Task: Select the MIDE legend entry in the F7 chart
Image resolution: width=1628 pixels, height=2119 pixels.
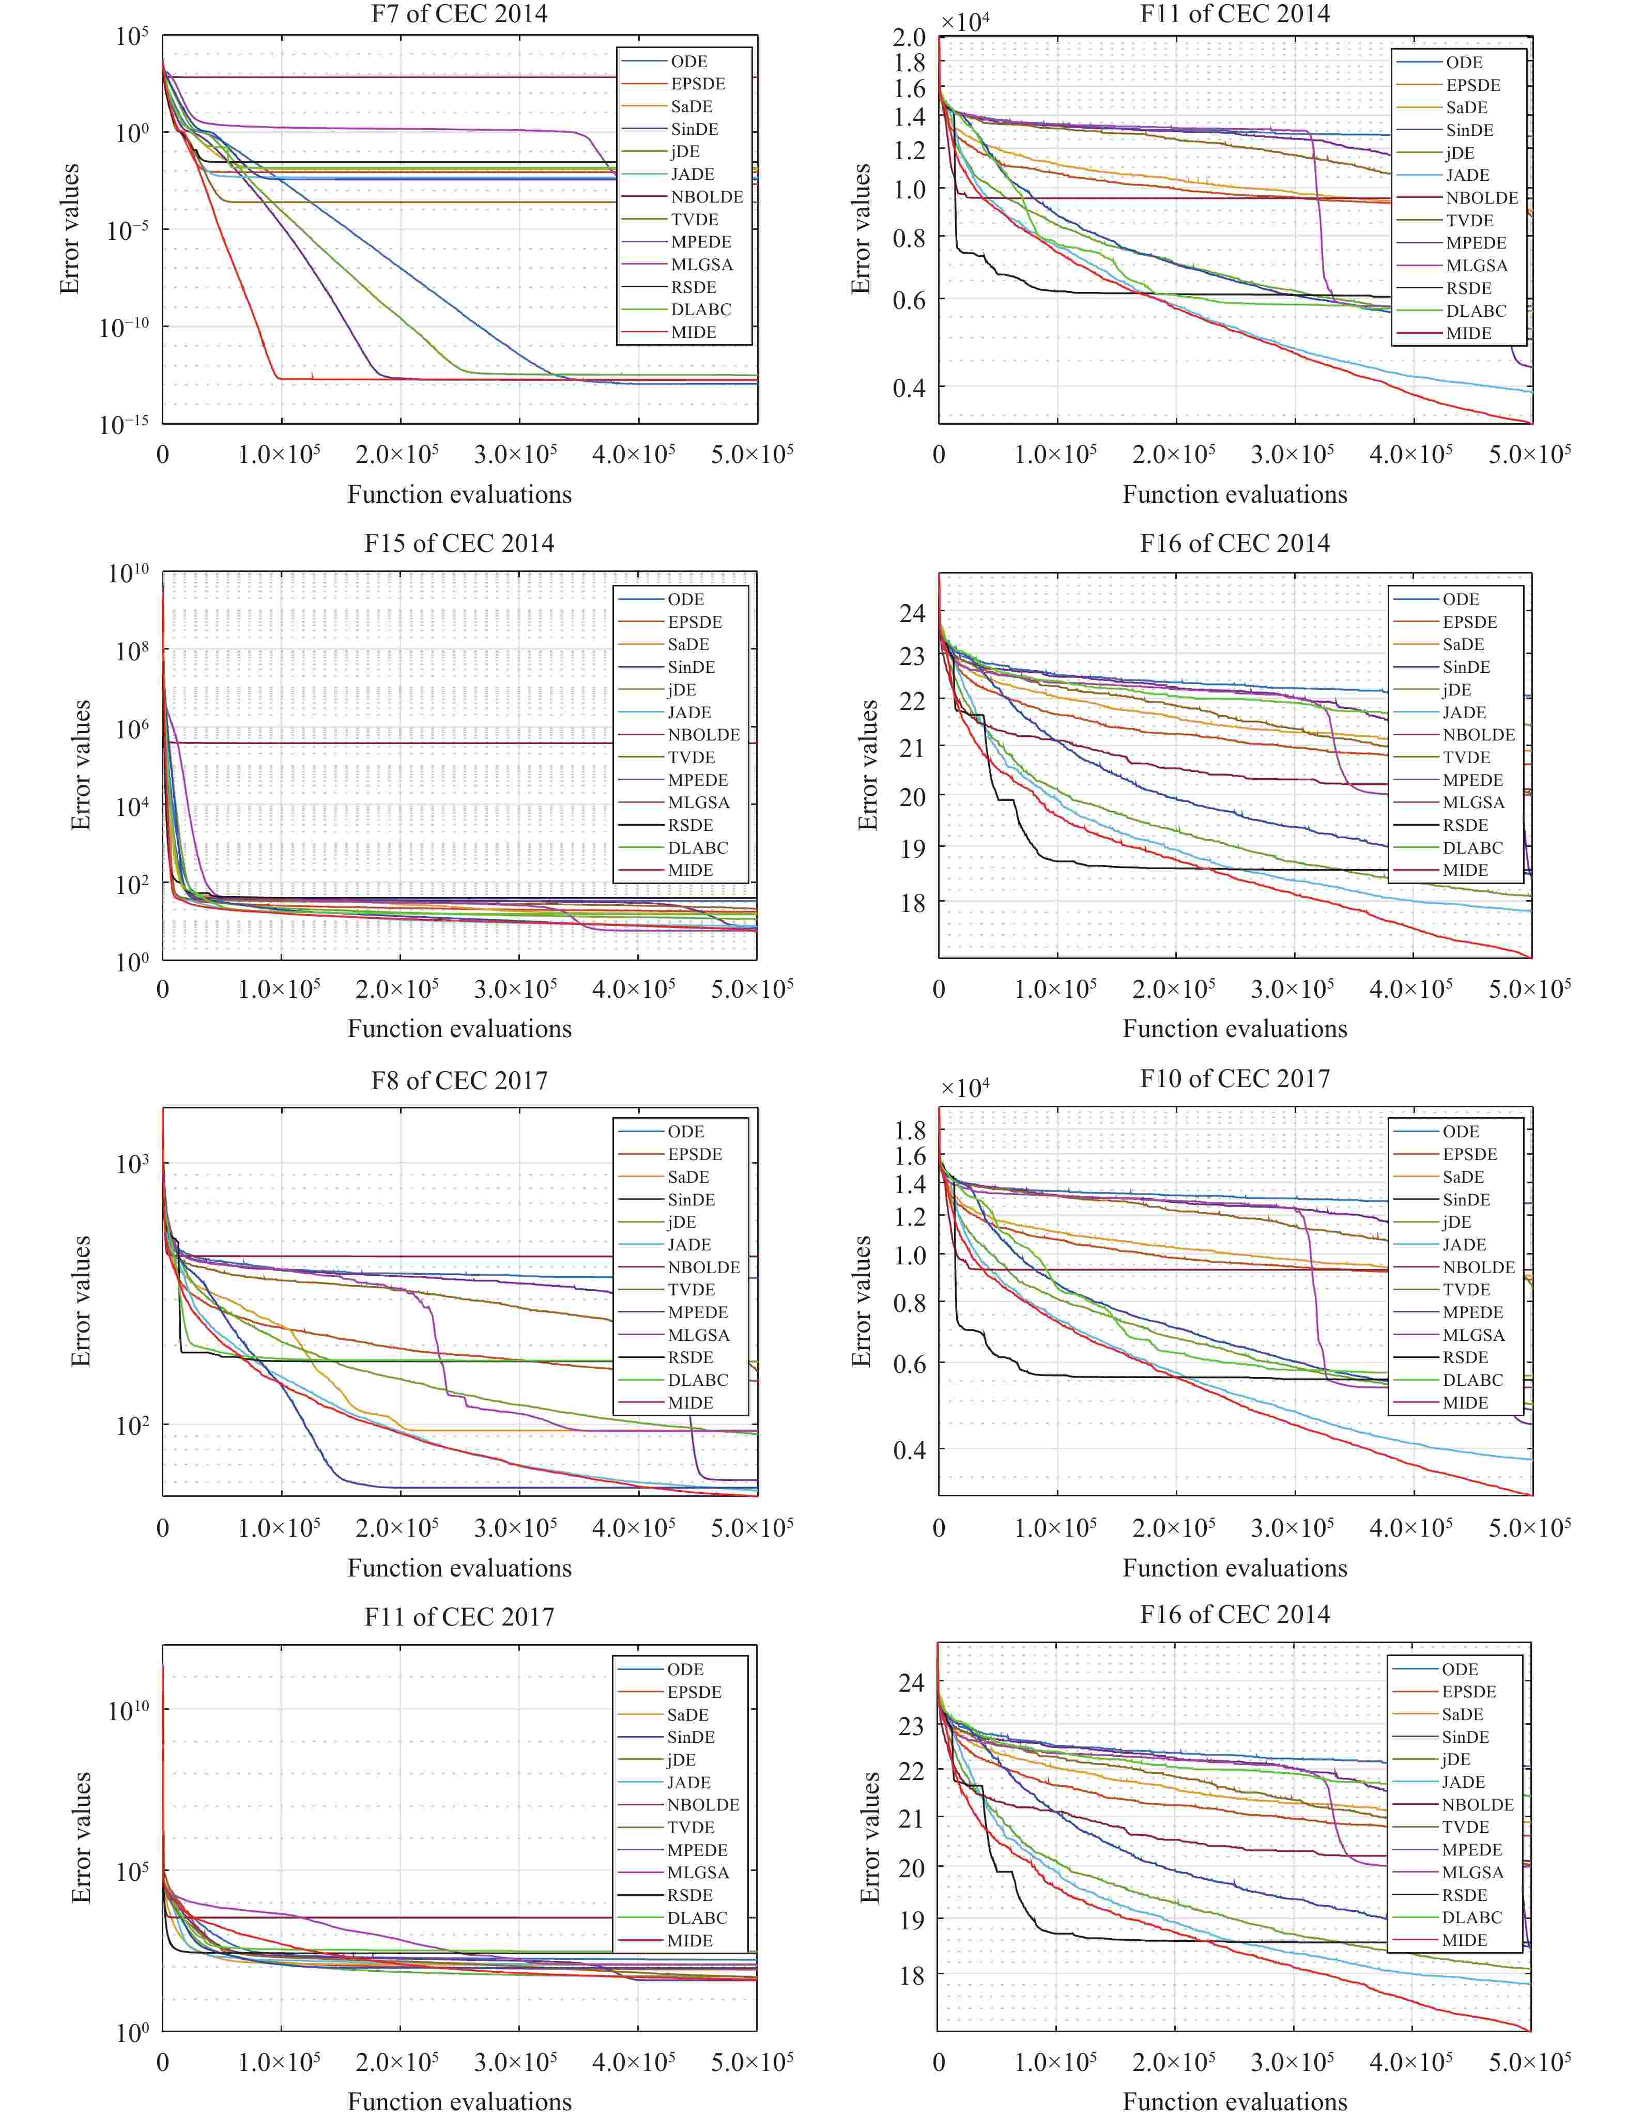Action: (x=693, y=332)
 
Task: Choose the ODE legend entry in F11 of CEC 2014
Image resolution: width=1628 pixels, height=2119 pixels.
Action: (x=1464, y=62)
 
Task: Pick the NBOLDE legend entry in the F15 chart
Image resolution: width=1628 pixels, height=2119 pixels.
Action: (x=703, y=734)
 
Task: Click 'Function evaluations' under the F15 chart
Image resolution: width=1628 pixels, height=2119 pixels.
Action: (x=459, y=1029)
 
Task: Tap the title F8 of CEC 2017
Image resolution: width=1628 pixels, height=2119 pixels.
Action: (x=459, y=1080)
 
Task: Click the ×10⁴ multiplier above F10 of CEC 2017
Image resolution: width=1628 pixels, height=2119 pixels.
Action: (x=965, y=1088)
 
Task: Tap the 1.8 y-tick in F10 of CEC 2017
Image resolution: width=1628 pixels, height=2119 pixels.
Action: (x=911, y=1130)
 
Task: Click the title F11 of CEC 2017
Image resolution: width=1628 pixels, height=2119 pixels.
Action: (x=459, y=1617)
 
